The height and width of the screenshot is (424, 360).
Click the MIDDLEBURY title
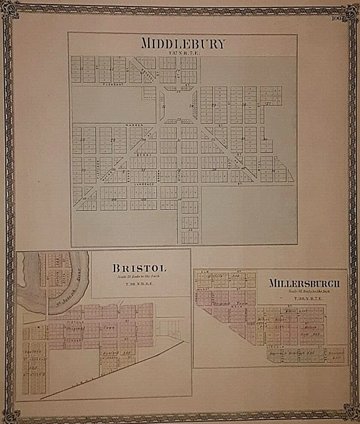click(x=183, y=44)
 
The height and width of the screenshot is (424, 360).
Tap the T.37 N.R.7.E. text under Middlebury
click(x=183, y=53)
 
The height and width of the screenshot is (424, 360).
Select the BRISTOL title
click(x=140, y=268)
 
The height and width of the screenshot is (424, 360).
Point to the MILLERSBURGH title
click(x=304, y=284)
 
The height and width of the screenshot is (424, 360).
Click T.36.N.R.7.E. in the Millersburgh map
click(x=304, y=299)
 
